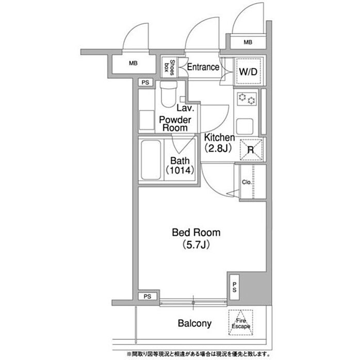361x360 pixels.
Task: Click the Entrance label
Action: [203, 67]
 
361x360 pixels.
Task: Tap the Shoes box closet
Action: [170, 67]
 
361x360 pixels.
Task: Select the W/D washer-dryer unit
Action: [248, 71]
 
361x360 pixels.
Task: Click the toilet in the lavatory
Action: [169, 94]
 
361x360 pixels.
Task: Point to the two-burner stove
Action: [247, 99]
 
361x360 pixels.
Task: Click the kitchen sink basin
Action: [244, 126]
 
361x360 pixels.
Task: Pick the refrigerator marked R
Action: [251, 150]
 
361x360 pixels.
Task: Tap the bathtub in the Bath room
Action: [151, 160]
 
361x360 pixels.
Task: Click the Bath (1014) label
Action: [180, 165]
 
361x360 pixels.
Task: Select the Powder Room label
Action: [175, 124]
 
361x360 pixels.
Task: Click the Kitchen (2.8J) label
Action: [219, 143]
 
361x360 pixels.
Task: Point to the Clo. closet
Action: [253, 182]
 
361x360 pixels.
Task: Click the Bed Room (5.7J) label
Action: [196, 238]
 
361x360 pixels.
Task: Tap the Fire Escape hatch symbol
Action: [241, 322]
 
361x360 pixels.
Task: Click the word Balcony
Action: [194, 323]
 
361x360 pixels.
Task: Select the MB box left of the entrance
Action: [133, 63]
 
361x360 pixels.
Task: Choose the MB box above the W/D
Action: [248, 42]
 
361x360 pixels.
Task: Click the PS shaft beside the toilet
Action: [145, 83]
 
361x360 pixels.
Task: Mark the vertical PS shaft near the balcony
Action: [234, 287]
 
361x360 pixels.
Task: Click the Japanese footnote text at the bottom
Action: [198, 354]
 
